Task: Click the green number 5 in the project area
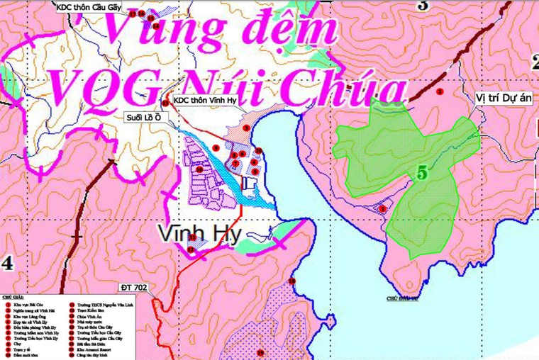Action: tap(423, 171)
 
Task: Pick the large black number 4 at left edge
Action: tap(7, 263)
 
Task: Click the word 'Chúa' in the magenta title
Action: tap(352, 91)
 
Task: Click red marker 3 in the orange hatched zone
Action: tap(246, 128)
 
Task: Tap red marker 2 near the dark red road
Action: tap(440, 91)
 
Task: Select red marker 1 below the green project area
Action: tap(382, 208)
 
